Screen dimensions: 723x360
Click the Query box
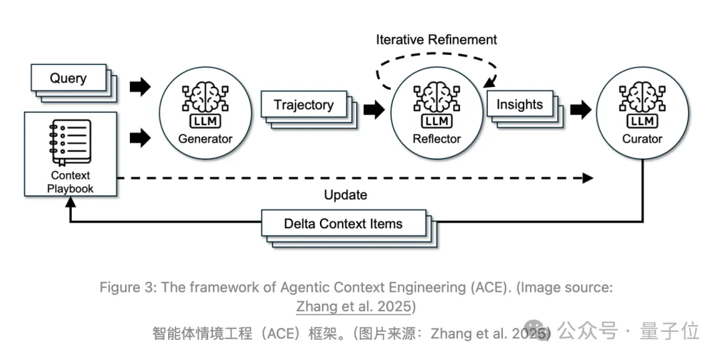pyautogui.click(x=68, y=78)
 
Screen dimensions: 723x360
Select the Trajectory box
pyautogui.click(x=303, y=104)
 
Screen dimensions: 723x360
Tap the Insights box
pyautogui.click(x=519, y=104)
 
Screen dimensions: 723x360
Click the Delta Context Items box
pyautogui.click(x=343, y=223)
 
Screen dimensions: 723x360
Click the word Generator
pyautogui.click(x=206, y=139)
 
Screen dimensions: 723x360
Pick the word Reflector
pyautogui.click(x=436, y=139)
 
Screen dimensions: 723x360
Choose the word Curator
pyautogui.click(x=642, y=139)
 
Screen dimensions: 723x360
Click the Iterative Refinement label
pyautogui.click(x=436, y=39)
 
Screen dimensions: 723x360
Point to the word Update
pyautogui.click(x=345, y=195)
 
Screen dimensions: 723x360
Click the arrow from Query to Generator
pyautogui.click(x=140, y=86)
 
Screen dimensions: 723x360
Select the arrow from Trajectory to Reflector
pyautogui.click(x=374, y=109)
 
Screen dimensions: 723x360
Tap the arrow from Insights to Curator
pyautogui.click(x=580, y=109)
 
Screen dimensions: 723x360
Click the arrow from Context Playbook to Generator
pyautogui.click(x=140, y=137)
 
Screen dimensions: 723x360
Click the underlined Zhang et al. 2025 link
pyautogui.click(x=353, y=306)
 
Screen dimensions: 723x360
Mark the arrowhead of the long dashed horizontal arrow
pyautogui.click(x=588, y=178)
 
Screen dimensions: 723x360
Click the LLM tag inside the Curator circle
pyautogui.click(x=642, y=121)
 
